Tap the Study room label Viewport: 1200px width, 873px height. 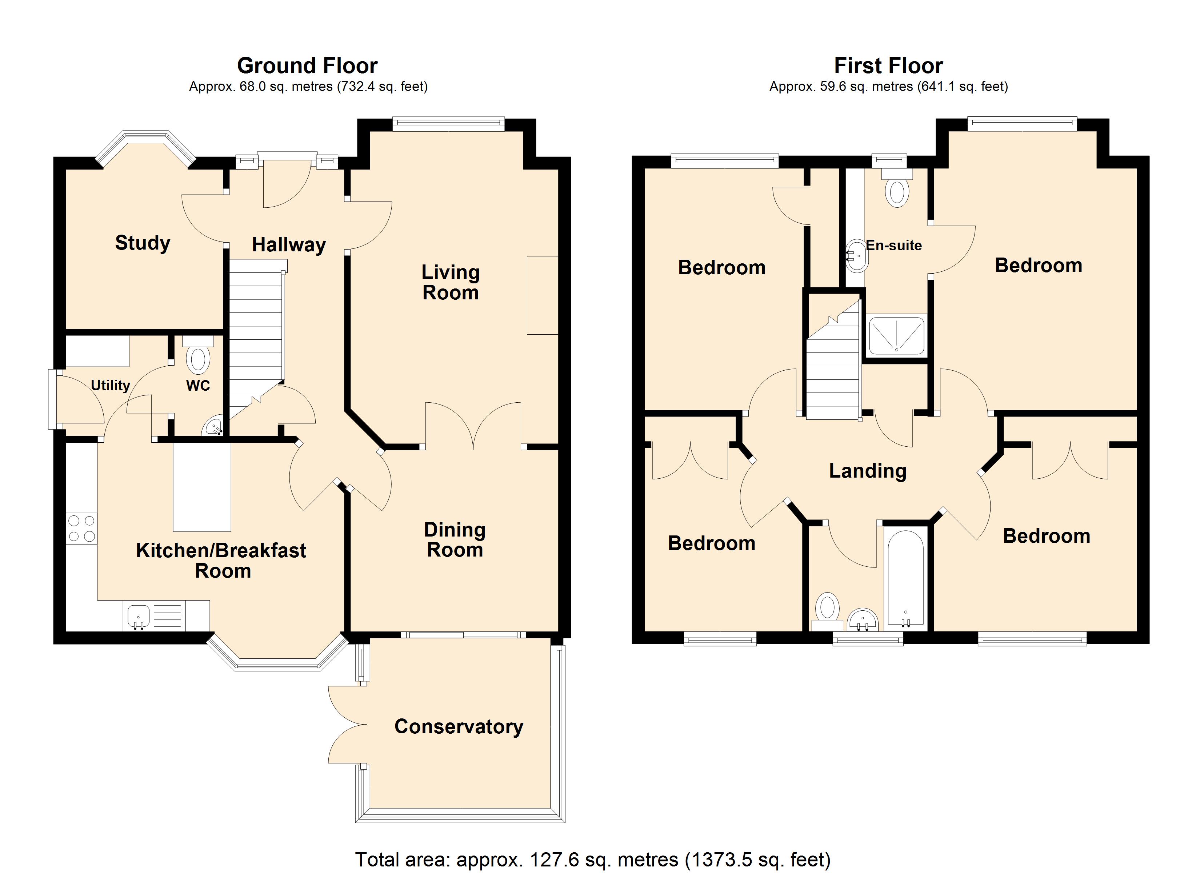[143, 243]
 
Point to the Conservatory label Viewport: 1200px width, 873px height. [459, 726]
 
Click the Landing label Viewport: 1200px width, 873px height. [868, 471]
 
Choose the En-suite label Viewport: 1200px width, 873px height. [894, 245]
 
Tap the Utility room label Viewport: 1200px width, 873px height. [111, 386]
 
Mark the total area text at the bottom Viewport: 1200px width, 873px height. [593, 859]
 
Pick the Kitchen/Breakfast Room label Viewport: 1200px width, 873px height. [221, 561]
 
